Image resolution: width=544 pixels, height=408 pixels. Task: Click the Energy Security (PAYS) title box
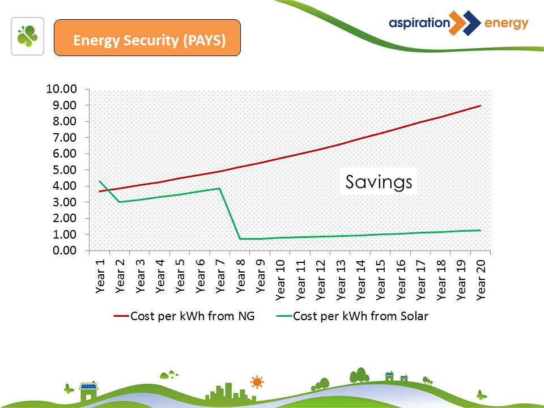pos(147,37)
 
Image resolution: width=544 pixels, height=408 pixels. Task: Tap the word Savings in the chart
pos(379,182)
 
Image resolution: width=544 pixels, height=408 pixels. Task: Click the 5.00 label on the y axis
pos(66,170)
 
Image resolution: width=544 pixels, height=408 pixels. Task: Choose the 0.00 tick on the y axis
pos(66,250)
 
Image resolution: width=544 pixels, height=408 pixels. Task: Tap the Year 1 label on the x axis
pos(100,275)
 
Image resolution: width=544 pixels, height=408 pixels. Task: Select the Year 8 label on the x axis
pos(241,275)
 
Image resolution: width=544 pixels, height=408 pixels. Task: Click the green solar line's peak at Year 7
pos(219,188)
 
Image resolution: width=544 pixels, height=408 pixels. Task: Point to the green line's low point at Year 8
pos(240,239)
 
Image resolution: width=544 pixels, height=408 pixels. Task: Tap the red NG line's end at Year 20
pos(481,105)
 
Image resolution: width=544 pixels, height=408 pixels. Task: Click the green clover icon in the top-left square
pos(27,36)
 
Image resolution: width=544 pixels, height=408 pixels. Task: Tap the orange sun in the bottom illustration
pos(257,382)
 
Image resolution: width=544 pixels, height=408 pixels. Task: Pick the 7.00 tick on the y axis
pos(66,138)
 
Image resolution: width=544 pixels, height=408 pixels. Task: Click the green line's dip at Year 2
pos(120,202)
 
